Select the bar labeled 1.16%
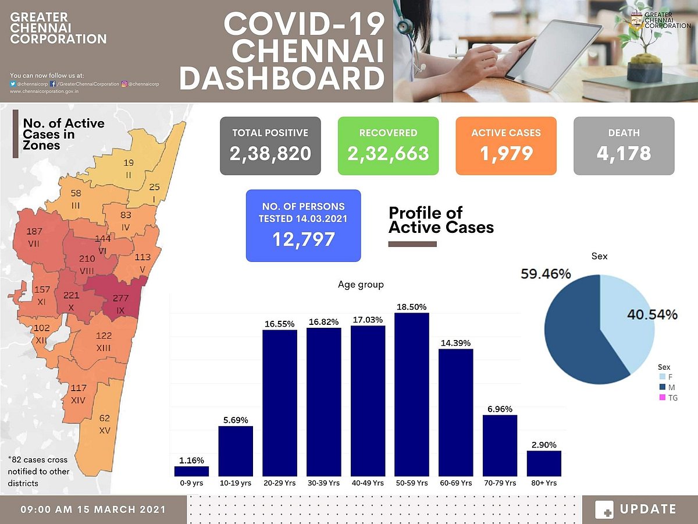click(x=191, y=471)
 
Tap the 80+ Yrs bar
click(x=544, y=463)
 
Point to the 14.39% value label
click(x=455, y=343)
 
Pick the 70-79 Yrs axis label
click(x=500, y=483)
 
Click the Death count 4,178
click(x=624, y=153)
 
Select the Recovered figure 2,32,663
click(x=388, y=153)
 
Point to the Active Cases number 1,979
click(x=505, y=153)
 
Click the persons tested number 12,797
click(x=303, y=239)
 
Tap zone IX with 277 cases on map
click(x=120, y=303)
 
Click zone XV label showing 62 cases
click(x=104, y=423)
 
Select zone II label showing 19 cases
click(x=129, y=168)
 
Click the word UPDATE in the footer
click(x=648, y=509)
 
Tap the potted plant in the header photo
click(x=645, y=52)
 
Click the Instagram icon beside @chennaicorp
click(x=124, y=84)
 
